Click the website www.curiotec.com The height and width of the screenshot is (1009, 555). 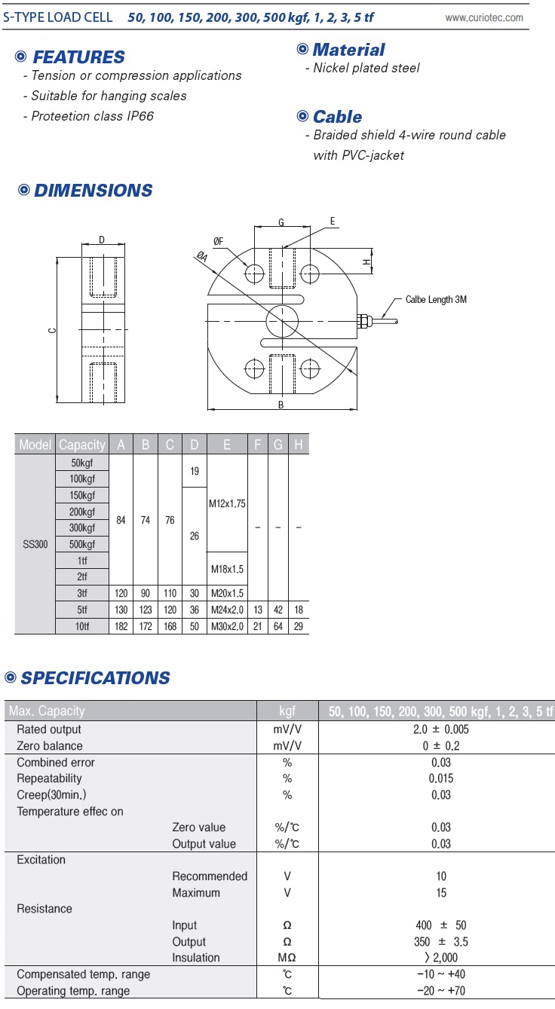pyautogui.click(x=484, y=18)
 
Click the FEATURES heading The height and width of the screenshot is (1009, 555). pyautogui.click(x=79, y=57)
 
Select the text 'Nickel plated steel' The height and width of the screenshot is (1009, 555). pyautogui.click(x=366, y=68)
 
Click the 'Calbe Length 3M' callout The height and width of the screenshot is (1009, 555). pyautogui.click(x=436, y=300)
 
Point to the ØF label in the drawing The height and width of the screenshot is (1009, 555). pyautogui.click(x=218, y=241)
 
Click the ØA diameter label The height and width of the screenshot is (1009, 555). pyautogui.click(x=201, y=257)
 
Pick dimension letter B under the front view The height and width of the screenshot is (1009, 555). pyautogui.click(x=281, y=405)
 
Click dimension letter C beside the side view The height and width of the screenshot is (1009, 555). pyautogui.click(x=52, y=331)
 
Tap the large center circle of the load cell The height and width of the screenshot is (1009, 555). pyautogui.click(x=282, y=305)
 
